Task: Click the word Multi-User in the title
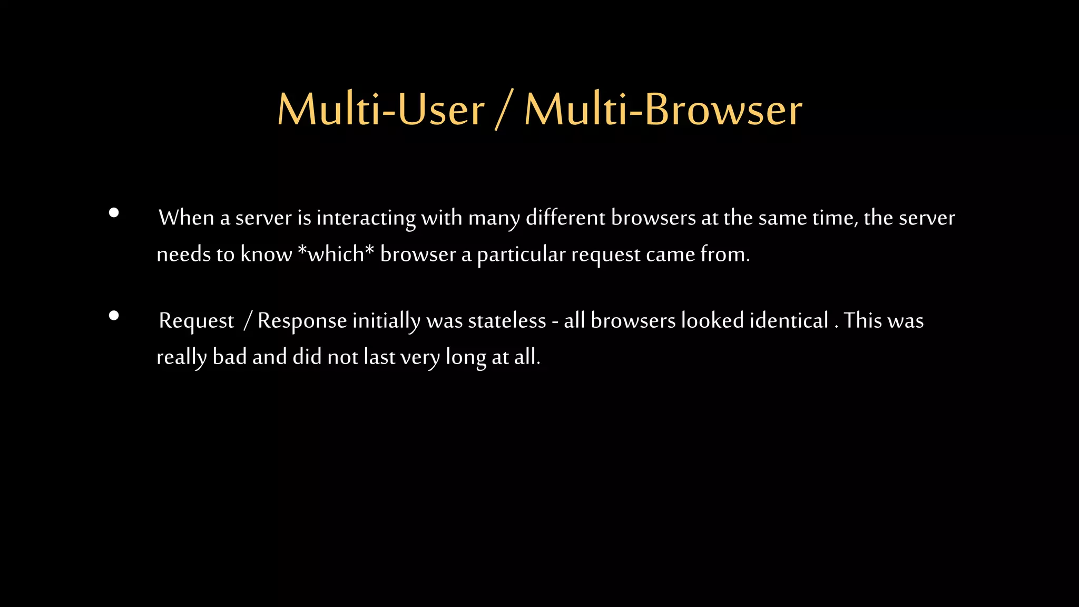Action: [x=380, y=110]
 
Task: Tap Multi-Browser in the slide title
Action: [x=663, y=110]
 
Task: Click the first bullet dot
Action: [x=114, y=213]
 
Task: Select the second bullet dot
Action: [x=114, y=316]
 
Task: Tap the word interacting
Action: [x=366, y=218]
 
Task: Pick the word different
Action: [x=565, y=218]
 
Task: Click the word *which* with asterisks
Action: [x=336, y=254]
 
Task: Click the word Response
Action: [x=302, y=321]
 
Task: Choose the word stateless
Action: [x=507, y=320]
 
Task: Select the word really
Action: [x=182, y=357]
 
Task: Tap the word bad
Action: [x=230, y=357]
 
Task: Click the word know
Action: [x=266, y=254]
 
